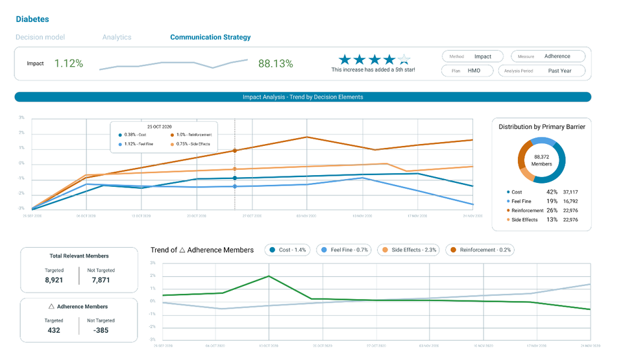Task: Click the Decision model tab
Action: [x=40, y=38]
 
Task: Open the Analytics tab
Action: [x=117, y=38]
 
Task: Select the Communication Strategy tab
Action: [x=210, y=38]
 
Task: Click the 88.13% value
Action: [x=275, y=64]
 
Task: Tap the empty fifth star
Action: [x=404, y=60]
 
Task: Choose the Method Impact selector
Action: [x=474, y=56]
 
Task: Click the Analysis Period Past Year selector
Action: [x=550, y=71]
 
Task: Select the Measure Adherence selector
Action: [x=550, y=56]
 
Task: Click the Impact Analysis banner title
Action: [x=302, y=97]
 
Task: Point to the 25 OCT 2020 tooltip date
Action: [x=160, y=126]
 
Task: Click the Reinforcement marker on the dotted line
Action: [x=235, y=150]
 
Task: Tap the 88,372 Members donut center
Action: [x=542, y=160]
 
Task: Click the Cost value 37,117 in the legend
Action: [x=570, y=192]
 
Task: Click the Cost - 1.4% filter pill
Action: [x=287, y=250]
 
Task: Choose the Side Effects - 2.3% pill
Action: [x=409, y=250]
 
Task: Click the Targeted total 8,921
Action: [x=54, y=280]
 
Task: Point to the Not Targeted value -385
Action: [x=101, y=330]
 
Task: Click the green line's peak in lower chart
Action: [x=269, y=276]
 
